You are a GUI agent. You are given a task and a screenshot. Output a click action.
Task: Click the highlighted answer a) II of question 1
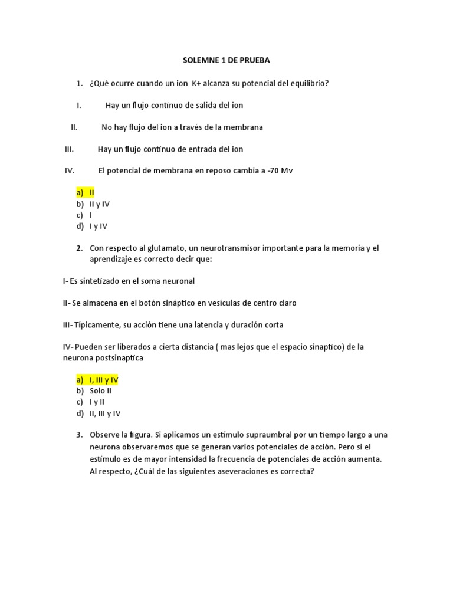tap(85, 193)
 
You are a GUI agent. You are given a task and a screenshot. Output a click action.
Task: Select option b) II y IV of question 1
tap(93, 204)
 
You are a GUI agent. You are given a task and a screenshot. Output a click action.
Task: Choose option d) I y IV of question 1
tap(91, 226)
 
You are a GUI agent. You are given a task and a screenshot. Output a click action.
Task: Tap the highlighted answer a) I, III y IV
tap(97, 380)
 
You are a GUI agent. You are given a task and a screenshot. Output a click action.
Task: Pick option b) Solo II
tap(94, 390)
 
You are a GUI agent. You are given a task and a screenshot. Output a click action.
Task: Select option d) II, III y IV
tap(98, 413)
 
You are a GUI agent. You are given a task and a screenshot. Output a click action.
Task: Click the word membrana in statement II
tap(241, 127)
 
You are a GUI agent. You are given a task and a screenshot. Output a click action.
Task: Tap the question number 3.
tap(78, 435)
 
